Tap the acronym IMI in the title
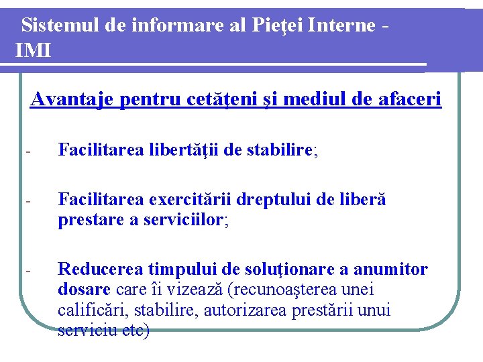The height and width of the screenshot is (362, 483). click(32, 50)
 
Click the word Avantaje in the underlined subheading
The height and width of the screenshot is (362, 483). click(72, 100)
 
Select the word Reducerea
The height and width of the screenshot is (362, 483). click(99, 269)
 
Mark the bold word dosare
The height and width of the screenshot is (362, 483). click(84, 290)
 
